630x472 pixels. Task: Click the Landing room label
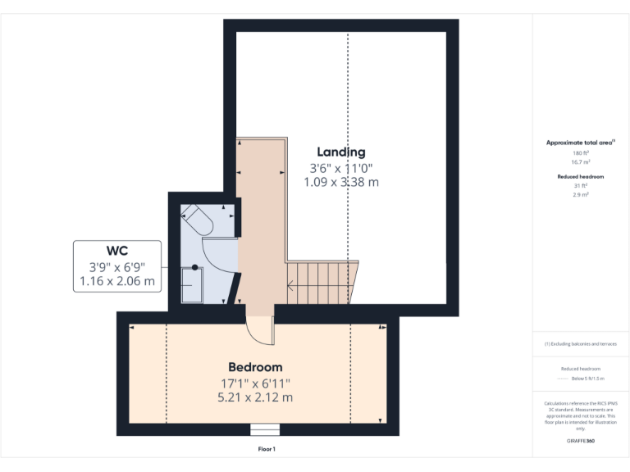pyautogui.click(x=341, y=152)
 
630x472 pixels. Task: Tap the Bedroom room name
pyautogui.click(x=255, y=367)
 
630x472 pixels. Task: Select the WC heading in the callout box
pyautogui.click(x=116, y=250)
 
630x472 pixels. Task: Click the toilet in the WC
pyautogui.click(x=198, y=220)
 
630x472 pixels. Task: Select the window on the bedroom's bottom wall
pyautogui.click(x=265, y=429)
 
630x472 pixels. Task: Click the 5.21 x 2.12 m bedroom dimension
pyautogui.click(x=255, y=397)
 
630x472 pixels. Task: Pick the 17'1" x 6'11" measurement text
pyautogui.click(x=255, y=383)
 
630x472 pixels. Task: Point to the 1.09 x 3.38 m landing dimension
pyautogui.click(x=341, y=182)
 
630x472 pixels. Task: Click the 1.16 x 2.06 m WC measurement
pyautogui.click(x=116, y=281)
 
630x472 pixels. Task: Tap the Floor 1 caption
pyautogui.click(x=267, y=449)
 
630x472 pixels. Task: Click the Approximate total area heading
pyautogui.click(x=580, y=143)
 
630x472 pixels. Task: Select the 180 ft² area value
pyautogui.click(x=581, y=153)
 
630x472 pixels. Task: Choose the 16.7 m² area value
pyautogui.click(x=581, y=162)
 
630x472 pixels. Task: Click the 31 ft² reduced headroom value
pyautogui.click(x=581, y=186)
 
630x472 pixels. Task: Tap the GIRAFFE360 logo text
pyautogui.click(x=581, y=441)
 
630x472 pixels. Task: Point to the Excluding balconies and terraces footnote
pyautogui.click(x=581, y=344)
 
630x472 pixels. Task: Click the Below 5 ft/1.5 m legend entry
pyautogui.click(x=587, y=379)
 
